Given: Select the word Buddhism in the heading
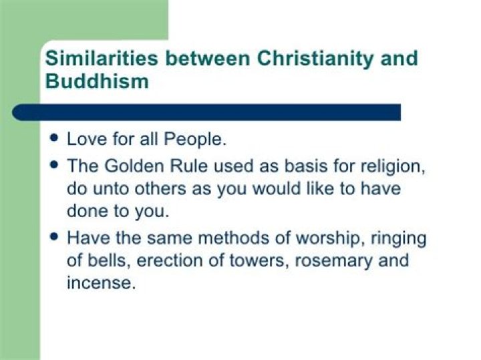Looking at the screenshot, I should click(x=96, y=81).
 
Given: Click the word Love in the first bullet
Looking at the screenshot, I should click(x=85, y=140).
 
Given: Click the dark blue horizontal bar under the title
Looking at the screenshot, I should click(x=207, y=112).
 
